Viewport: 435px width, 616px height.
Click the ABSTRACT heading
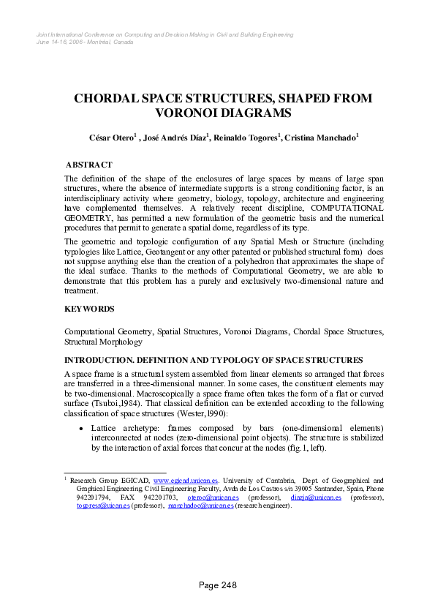pos(88,165)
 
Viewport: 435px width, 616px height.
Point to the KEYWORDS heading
pos(89,309)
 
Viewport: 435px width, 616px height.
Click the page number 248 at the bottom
pos(218,585)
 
